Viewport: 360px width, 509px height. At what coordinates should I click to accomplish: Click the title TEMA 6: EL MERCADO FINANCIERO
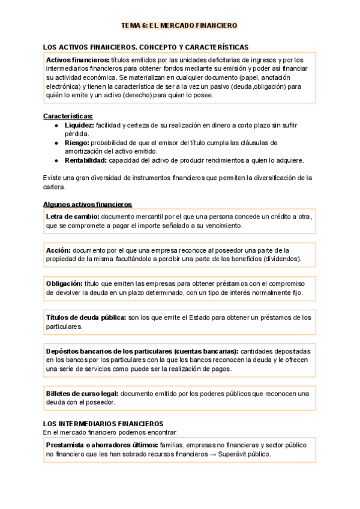[179, 25]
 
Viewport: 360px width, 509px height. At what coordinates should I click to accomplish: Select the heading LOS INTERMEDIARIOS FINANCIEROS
[103, 423]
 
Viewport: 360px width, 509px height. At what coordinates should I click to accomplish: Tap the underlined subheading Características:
[68, 116]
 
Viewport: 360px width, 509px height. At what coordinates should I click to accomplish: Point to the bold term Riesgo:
[77, 143]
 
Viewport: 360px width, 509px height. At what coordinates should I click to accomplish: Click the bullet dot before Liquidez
[56, 125]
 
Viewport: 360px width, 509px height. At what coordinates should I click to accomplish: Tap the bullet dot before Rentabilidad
[56, 160]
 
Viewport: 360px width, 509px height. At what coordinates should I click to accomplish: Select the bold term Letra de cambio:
[73, 216]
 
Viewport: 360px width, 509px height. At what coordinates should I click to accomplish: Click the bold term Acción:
[58, 250]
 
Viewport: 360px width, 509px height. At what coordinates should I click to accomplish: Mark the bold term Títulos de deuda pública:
[86, 318]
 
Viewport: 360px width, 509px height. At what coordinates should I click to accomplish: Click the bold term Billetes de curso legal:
[82, 393]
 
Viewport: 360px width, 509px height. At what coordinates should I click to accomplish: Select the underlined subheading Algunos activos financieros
[87, 204]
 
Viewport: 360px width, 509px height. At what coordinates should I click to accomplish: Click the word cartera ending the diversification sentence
[55, 187]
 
